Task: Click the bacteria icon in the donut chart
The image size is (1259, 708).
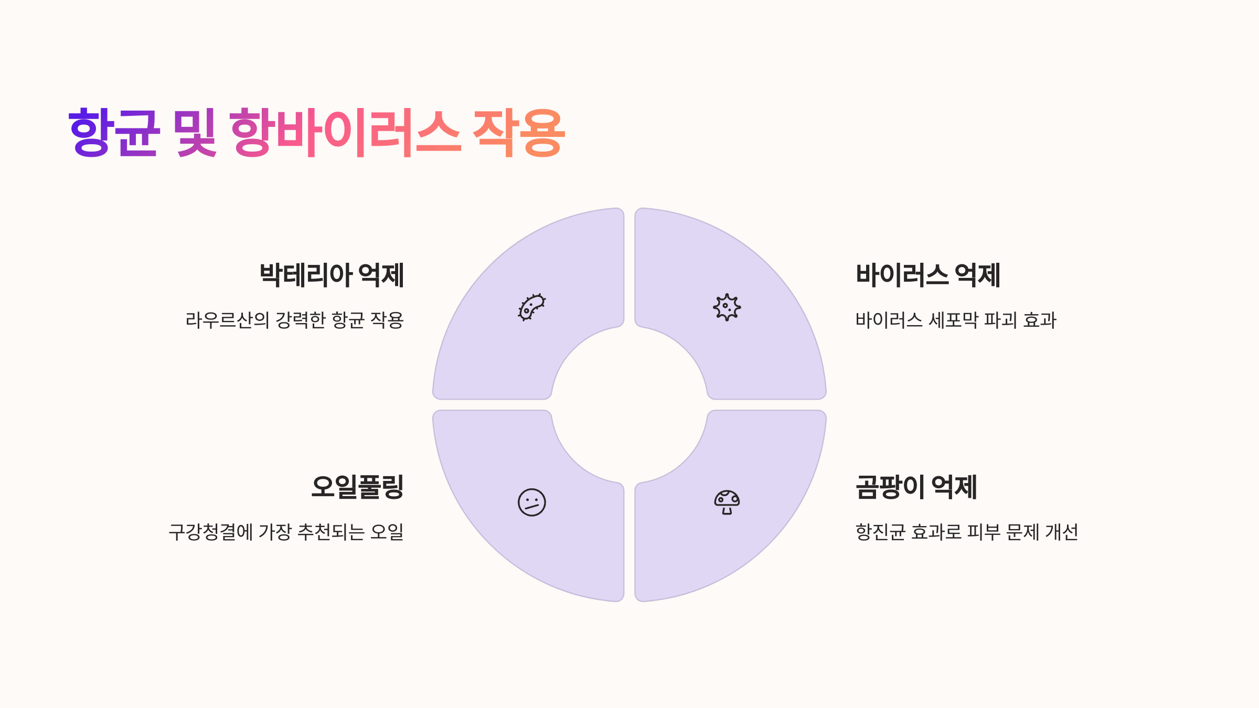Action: (x=532, y=307)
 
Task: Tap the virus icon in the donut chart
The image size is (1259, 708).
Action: (x=727, y=307)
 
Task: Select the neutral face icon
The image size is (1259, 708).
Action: (x=532, y=502)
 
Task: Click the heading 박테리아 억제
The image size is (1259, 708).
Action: (x=332, y=275)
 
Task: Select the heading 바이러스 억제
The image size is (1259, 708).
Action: (x=928, y=275)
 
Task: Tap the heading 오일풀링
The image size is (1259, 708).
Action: (x=357, y=487)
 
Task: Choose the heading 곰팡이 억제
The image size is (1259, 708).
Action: (x=916, y=487)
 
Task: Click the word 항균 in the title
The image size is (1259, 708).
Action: (x=113, y=133)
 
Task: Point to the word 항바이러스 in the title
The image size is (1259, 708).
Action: (x=345, y=133)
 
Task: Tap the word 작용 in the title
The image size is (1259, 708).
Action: (x=518, y=133)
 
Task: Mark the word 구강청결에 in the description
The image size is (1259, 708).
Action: (x=210, y=532)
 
